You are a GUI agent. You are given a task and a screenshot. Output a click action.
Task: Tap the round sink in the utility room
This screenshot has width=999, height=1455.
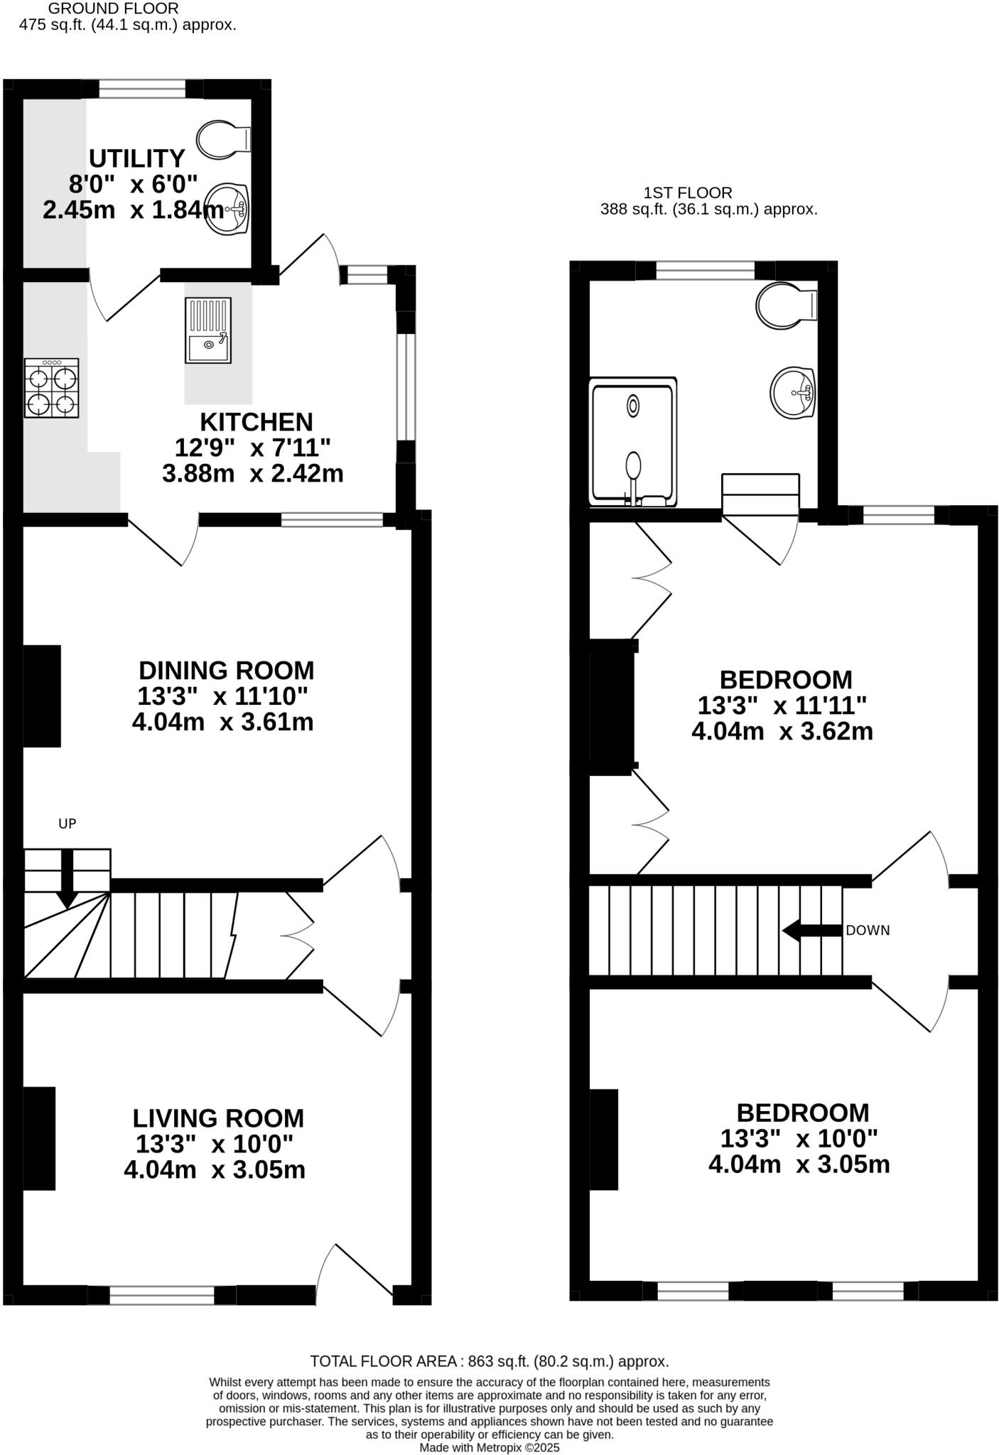(x=227, y=209)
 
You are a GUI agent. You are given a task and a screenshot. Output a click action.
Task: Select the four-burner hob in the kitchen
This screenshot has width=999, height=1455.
(x=52, y=388)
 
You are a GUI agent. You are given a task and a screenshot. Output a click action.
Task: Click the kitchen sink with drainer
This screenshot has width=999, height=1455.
(x=208, y=329)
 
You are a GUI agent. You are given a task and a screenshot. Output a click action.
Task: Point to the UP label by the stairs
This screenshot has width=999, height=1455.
(x=67, y=824)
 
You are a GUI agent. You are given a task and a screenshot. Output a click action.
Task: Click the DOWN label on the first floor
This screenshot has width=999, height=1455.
(x=868, y=931)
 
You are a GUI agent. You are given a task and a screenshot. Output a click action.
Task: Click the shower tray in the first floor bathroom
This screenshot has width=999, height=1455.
(x=633, y=442)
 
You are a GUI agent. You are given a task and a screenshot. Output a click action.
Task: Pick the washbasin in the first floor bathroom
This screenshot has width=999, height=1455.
(x=793, y=391)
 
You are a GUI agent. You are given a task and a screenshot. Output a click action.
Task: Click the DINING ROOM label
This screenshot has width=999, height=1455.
(x=226, y=671)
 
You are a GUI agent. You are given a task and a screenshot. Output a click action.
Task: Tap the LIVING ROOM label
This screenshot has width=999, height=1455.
(x=218, y=1118)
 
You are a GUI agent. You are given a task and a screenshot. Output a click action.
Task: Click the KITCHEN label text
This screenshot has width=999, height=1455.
(x=256, y=422)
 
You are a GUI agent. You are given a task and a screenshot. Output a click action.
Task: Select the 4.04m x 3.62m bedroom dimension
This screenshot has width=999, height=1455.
(x=782, y=732)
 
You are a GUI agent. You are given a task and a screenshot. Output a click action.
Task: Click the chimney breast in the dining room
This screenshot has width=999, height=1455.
(x=42, y=696)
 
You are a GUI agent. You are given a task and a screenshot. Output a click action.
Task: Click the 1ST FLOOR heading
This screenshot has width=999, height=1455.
(x=687, y=193)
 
